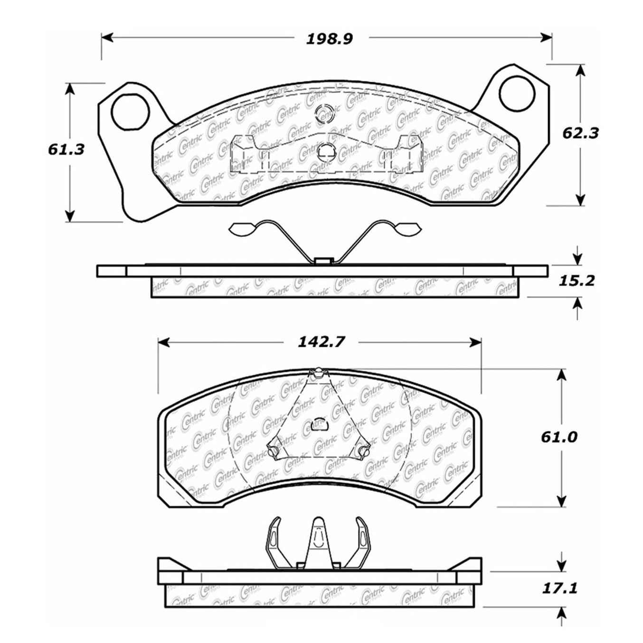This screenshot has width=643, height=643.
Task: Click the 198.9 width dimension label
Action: tap(329, 39)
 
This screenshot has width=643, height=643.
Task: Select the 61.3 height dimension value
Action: tap(66, 149)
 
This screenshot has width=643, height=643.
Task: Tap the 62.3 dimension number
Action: tap(580, 133)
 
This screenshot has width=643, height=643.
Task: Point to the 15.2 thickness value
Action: tap(576, 281)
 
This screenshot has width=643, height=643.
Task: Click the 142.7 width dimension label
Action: tap(321, 342)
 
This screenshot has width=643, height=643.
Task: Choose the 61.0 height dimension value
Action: tap(559, 436)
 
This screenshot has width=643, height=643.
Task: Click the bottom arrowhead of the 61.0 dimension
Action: tap(561, 501)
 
